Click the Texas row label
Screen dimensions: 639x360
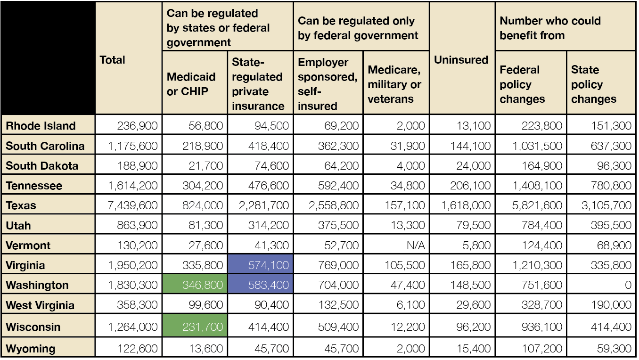pyautogui.click(x=21, y=205)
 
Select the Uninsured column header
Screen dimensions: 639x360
pyautogui.click(x=461, y=60)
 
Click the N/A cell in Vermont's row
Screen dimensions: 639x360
pyautogui.click(x=416, y=245)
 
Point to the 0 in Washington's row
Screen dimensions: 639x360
pyautogui.click(x=628, y=285)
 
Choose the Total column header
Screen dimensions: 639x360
pyautogui.click(x=113, y=60)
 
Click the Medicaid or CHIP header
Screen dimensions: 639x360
pyautogui.click(x=191, y=84)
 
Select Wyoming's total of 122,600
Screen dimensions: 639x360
pyautogui.click(x=137, y=348)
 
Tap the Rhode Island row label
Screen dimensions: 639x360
pyautogui.click(x=41, y=126)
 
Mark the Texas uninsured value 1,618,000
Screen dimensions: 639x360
pyautogui.click(x=466, y=205)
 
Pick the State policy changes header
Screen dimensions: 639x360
pyautogui.click(x=594, y=84)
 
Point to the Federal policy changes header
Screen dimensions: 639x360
pyautogui.click(x=522, y=84)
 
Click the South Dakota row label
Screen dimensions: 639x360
pyautogui.click(x=42, y=166)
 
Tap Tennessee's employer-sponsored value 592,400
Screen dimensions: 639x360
pyautogui.click(x=338, y=186)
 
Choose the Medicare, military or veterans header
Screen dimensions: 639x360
pyautogui.click(x=394, y=84)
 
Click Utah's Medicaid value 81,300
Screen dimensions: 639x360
pyautogui.click(x=205, y=225)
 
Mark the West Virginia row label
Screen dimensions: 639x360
pyautogui.click(x=40, y=305)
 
